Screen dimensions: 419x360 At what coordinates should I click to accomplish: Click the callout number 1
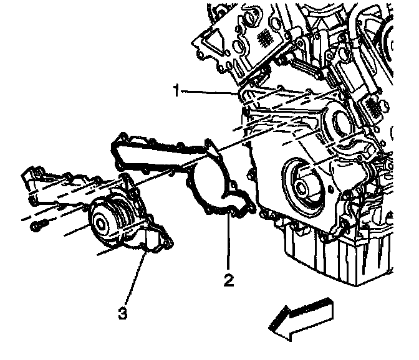tap(178, 92)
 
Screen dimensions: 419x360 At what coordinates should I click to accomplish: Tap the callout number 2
tap(229, 280)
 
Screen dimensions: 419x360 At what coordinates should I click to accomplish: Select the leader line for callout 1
tap(209, 93)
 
